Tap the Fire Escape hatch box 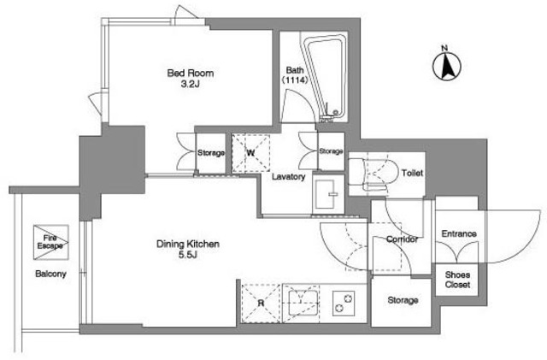coord(51,242)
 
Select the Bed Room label coord(190,74)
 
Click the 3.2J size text coord(190,84)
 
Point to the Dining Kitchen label coord(188,244)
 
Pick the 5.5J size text coord(188,255)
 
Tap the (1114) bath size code coord(295,80)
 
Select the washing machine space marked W coord(250,153)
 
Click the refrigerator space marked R coord(261,303)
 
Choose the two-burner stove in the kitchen coord(344,303)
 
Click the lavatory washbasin coord(328,194)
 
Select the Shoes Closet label coord(457,280)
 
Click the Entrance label coord(459,233)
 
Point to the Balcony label coord(50,274)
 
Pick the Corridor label coord(402,239)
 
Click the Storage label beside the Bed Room coord(211,153)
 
